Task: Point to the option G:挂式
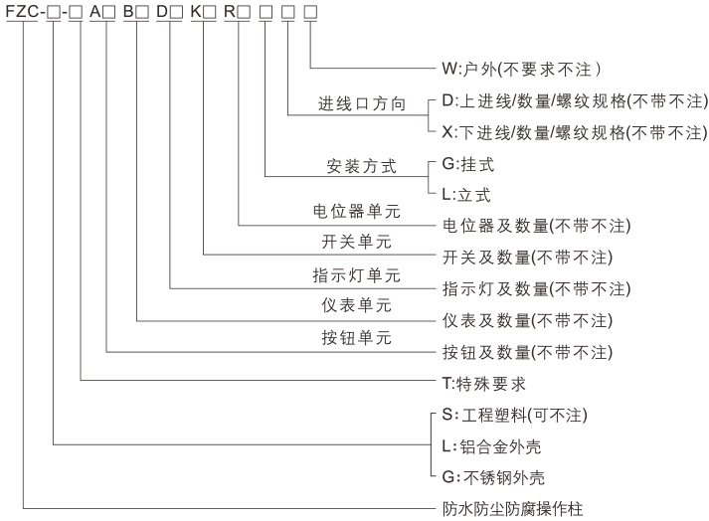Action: tap(470, 164)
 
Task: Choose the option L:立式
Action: tap(470, 195)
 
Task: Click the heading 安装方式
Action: tap(361, 164)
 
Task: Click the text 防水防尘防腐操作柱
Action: tap(513, 508)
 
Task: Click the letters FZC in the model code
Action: tap(22, 12)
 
